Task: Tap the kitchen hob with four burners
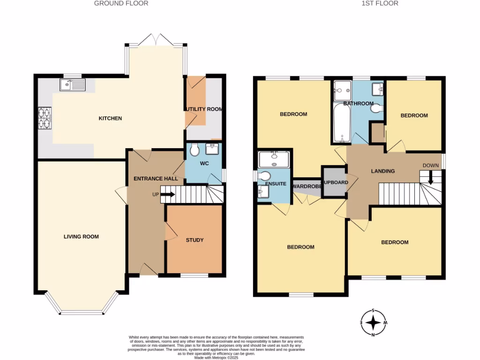pyautogui.click(x=45, y=118)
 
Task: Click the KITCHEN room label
pyautogui.click(x=110, y=119)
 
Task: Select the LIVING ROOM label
pyautogui.click(x=81, y=237)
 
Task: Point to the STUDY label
pyautogui.click(x=195, y=240)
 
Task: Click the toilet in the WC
pyautogui.click(x=194, y=150)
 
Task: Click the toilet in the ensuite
pyautogui.click(x=264, y=176)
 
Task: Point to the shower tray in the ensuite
pyautogui.click(x=274, y=159)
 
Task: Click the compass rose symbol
pyautogui.click(x=373, y=322)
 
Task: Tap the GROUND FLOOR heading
pyautogui.click(x=121, y=3)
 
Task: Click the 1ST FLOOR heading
pyautogui.click(x=373, y=3)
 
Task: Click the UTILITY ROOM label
pyautogui.click(x=204, y=109)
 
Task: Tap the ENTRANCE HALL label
pyautogui.click(x=156, y=179)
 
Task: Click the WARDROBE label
pyautogui.click(x=307, y=186)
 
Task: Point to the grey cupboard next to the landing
pyautogui.click(x=333, y=181)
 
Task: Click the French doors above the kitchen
pyautogui.click(x=156, y=40)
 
